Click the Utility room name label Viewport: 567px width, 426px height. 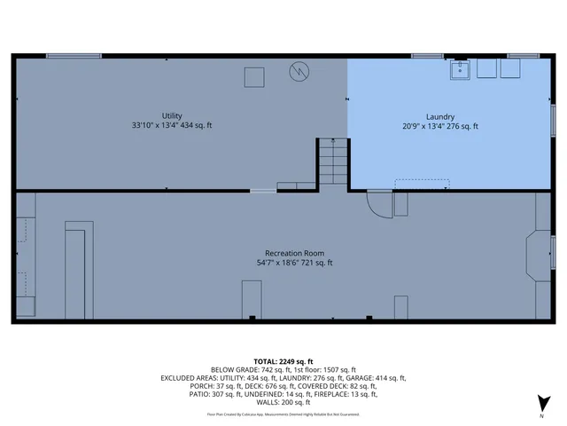point(171,115)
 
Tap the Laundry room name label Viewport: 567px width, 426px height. point(440,116)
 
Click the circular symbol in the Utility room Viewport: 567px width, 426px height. point(301,71)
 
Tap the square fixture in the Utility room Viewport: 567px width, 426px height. point(255,77)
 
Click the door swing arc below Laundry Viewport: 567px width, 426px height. point(380,204)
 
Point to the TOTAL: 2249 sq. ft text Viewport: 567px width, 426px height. point(283,361)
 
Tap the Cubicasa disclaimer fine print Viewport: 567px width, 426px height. point(283,414)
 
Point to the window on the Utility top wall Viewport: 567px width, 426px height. point(74,56)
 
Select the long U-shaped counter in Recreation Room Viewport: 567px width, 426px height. point(77,272)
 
